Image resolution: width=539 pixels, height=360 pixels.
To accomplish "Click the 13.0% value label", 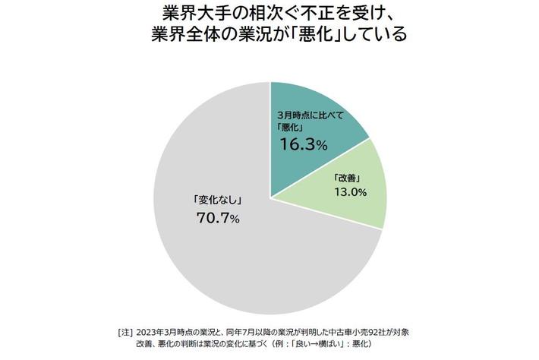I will [348, 192].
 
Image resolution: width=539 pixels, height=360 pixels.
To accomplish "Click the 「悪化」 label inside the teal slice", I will [289, 127].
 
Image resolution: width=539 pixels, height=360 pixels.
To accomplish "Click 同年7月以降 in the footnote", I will [252, 333].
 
